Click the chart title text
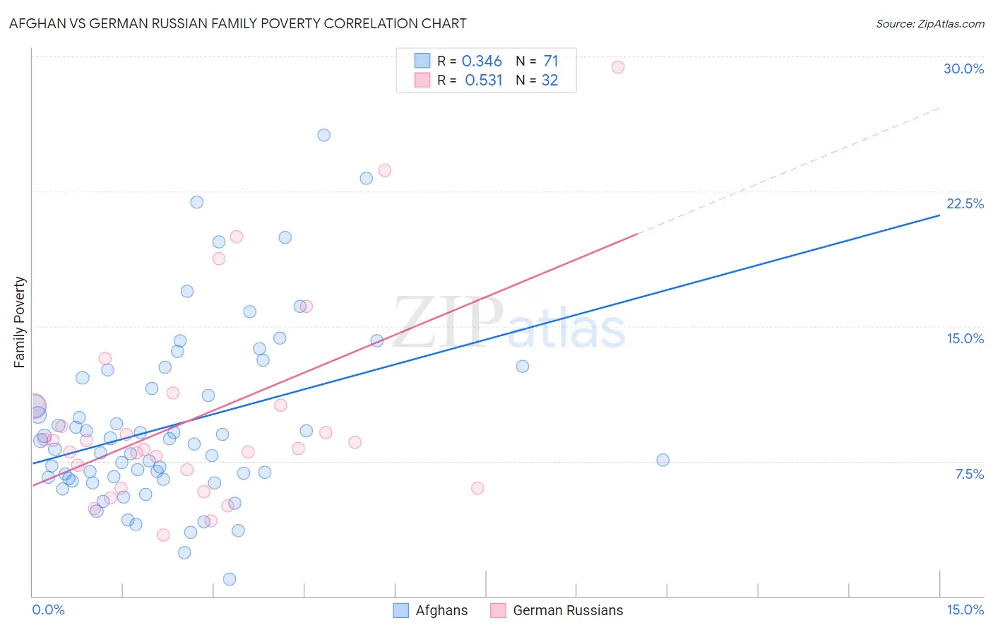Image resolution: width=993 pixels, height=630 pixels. click(237, 23)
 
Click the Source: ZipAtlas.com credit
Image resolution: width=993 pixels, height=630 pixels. click(929, 23)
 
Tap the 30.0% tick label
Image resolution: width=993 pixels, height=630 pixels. click(963, 69)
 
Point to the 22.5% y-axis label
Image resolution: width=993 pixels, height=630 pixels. click(965, 203)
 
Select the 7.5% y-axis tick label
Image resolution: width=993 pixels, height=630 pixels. click(969, 474)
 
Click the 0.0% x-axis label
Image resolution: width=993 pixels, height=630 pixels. click(48, 610)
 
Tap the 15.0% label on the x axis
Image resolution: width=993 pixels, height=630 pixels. click(965, 610)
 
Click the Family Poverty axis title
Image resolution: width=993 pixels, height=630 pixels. click(20, 322)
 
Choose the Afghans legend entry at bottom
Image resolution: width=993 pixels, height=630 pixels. click(430, 610)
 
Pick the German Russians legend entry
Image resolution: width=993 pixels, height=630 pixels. click(557, 610)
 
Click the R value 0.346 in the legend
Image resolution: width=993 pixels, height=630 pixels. click(482, 61)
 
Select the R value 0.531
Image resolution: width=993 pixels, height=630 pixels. click(483, 81)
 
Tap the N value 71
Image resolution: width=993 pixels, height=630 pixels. click(551, 61)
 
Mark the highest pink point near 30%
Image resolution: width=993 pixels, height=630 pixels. click(618, 67)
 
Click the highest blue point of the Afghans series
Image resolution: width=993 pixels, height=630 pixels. click(323, 135)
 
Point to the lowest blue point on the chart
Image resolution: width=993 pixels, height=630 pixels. click(230, 579)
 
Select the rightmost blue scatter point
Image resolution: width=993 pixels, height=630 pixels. click(662, 460)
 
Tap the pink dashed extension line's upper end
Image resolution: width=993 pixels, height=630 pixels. click(939, 108)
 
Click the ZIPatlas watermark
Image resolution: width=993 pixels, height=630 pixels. click(509, 323)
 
